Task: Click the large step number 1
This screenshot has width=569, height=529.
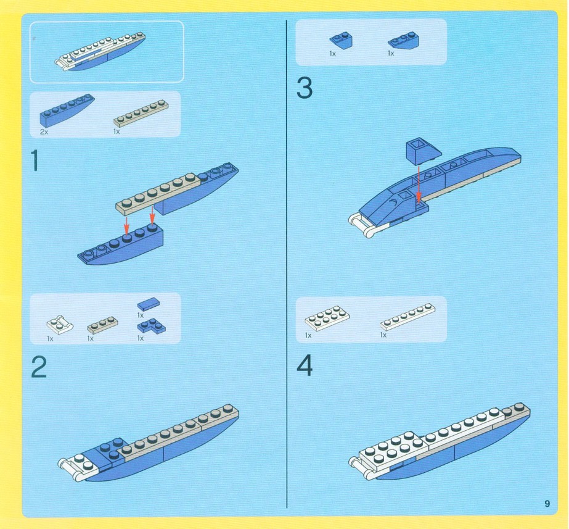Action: (x=35, y=160)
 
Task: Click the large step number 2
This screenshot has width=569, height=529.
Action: (x=39, y=367)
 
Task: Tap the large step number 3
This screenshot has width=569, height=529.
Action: (x=305, y=88)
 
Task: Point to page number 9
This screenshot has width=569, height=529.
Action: (x=547, y=504)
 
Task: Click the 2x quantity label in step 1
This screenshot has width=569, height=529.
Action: (x=44, y=132)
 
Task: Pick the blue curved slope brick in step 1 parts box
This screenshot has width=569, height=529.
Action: (x=67, y=110)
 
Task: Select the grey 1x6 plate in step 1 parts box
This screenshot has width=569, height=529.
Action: (x=141, y=112)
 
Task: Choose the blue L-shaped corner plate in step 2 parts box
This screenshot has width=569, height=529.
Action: (x=151, y=326)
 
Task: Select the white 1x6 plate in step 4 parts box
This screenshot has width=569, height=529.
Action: (x=408, y=317)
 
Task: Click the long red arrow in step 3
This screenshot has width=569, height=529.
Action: (x=419, y=184)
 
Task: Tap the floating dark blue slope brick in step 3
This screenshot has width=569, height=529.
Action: (x=423, y=151)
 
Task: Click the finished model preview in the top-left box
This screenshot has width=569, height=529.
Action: (x=100, y=51)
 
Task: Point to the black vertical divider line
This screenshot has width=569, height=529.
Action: (x=287, y=264)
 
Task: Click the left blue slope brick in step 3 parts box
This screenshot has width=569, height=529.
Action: (x=341, y=40)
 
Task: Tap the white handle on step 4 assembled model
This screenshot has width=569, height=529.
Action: (x=361, y=468)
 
